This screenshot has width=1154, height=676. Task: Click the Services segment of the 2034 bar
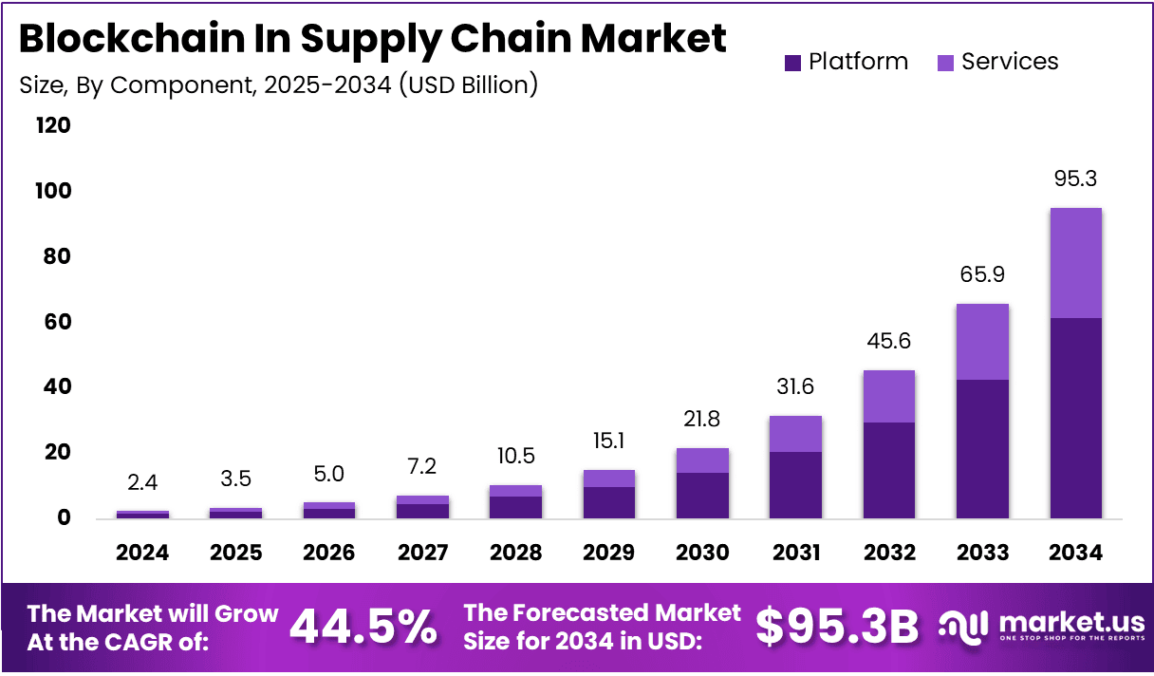coord(1075,263)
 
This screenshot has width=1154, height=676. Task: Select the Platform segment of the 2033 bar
coord(982,448)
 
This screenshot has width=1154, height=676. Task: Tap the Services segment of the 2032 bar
coord(889,396)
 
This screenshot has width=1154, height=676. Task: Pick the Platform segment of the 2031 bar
coord(796,484)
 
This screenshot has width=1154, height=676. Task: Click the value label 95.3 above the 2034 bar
coord(1075,179)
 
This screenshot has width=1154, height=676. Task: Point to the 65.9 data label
coord(982,275)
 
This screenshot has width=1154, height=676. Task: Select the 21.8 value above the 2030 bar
coord(703,419)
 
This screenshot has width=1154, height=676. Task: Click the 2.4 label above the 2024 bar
coord(142,483)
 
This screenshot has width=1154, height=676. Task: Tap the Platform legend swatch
coord(793,63)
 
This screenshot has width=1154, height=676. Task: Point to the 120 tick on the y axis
coord(52,125)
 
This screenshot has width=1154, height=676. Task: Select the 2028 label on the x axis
coord(516,553)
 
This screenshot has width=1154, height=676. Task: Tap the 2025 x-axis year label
coord(235,553)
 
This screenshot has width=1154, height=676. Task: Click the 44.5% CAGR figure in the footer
coord(363,627)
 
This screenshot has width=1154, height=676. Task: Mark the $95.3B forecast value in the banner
coord(837,627)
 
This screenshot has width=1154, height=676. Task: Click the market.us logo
coord(1041,627)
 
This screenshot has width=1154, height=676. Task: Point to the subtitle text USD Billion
coord(469,85)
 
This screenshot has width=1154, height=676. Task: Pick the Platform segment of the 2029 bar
coord(609,502)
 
